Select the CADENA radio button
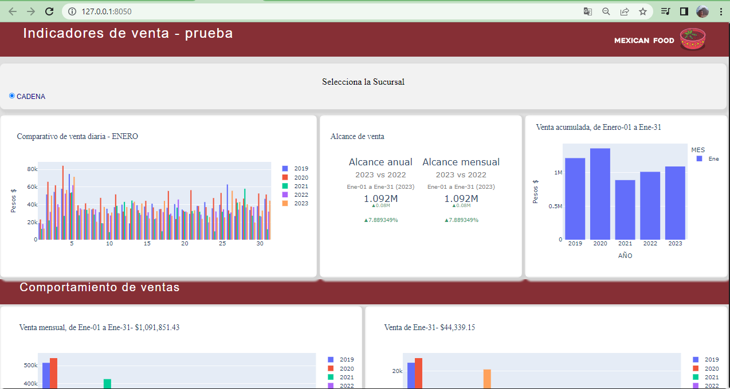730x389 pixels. (x=12, y=96)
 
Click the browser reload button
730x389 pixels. (x=49, y=11)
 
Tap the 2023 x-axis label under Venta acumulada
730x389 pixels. (x=675, y=244)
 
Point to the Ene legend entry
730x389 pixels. (x=708, y=158)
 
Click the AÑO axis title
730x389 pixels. (x=625, y=256)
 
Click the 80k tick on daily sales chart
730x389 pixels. (x=32, y=169)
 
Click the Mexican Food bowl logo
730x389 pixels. (x=693, y=39)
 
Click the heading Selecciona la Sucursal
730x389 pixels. (x=363, y=82)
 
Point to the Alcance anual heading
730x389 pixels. (x=380, y=162)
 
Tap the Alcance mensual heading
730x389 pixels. (x=461, y=162)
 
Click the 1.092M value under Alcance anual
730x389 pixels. (x=380, y=199)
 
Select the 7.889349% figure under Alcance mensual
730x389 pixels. (x=461, y=220)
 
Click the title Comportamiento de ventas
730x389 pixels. (x=100, y=287)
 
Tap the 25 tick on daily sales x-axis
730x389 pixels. (x=222, y=244)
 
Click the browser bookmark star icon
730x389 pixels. (x=643, y=11)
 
